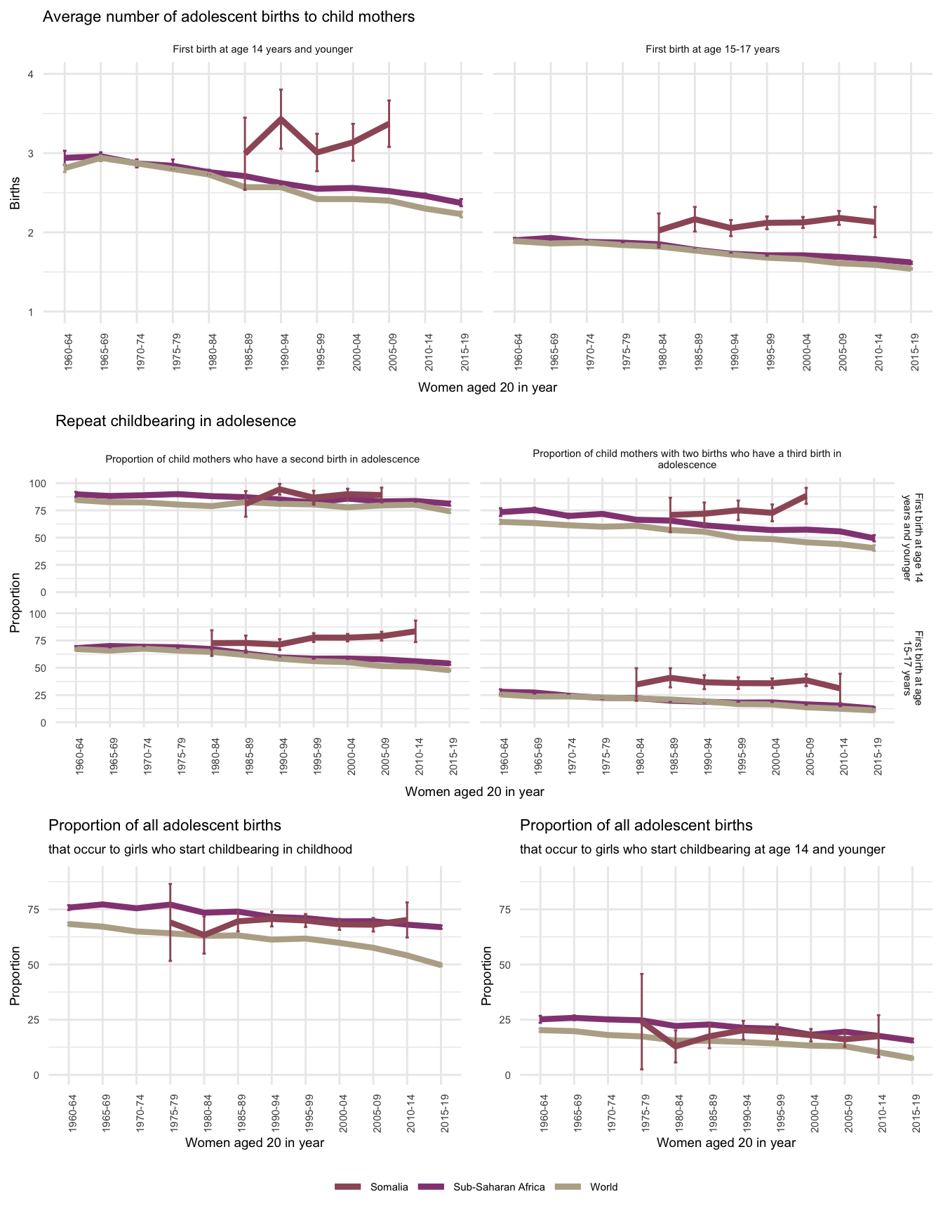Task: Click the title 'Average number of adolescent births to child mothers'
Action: (229, 17)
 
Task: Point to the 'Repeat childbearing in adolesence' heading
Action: (175, 421)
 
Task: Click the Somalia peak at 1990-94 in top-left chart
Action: (281, 119)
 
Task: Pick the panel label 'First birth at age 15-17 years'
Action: (712, 49)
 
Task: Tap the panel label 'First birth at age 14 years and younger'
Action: (262, 49)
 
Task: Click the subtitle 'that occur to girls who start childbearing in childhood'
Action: (200, 849)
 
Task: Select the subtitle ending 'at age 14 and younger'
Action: (702, 849)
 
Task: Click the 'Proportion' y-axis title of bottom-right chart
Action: (486, 976)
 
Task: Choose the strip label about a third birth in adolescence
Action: (686, 459)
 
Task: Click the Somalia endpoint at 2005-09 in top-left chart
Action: (389, 124)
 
